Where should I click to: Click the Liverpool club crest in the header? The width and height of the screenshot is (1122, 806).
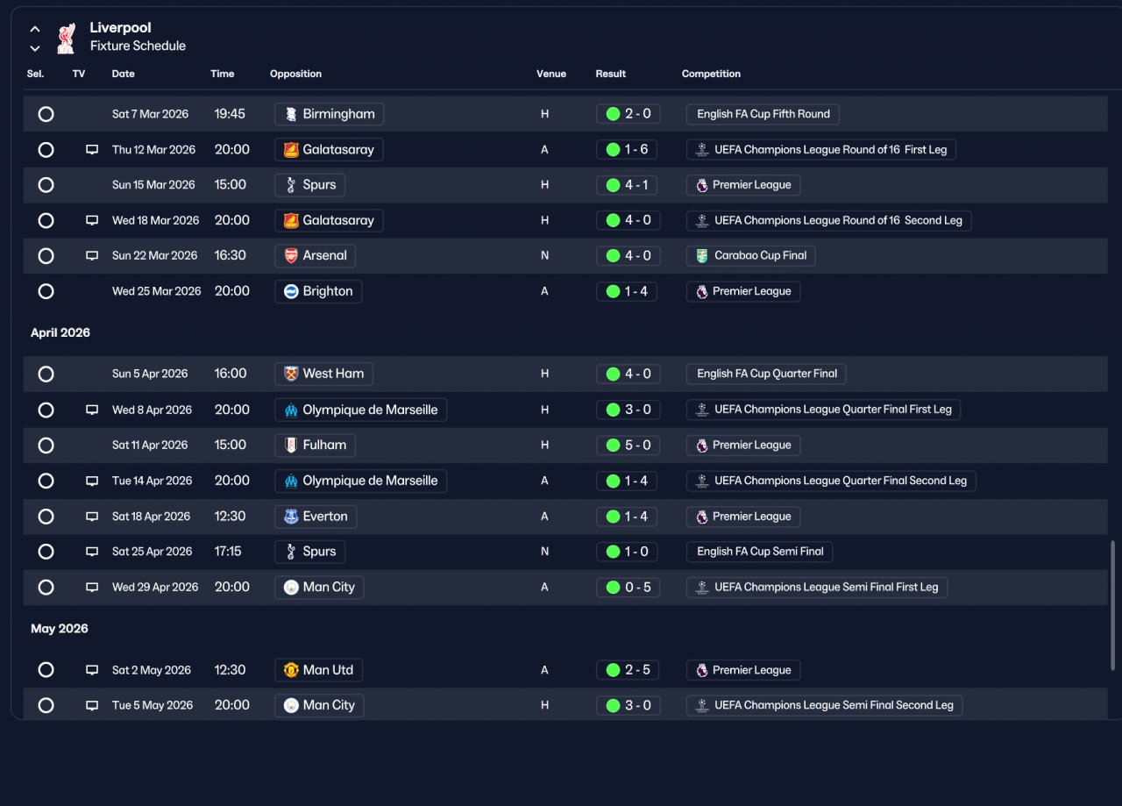point(66,38)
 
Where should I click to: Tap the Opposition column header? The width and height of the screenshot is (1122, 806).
point(295,74)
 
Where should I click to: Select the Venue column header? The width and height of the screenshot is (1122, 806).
point(551,74)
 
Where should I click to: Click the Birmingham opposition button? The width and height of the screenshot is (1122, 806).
point(329,114)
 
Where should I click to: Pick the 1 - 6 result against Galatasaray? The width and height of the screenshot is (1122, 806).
point(627,149)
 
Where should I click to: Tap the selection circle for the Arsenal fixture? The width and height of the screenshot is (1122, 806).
point(46,255)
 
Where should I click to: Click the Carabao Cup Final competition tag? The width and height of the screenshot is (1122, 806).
point(750,255)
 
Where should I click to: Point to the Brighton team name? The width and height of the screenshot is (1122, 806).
point(328,291)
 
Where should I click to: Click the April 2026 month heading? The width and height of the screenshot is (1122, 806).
point(60,332)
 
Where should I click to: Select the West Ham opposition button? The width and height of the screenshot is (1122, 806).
point(323,374)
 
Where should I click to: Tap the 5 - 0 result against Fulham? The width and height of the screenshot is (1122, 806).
point(628,446)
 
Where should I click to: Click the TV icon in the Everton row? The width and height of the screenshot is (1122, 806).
point(92,517)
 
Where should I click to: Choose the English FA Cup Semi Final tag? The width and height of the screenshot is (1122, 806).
point(759,552)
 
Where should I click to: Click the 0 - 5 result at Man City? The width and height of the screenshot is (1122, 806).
point(628,587)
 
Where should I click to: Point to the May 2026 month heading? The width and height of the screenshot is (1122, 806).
point(59,629)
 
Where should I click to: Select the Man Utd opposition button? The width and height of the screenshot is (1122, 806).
point(318,670)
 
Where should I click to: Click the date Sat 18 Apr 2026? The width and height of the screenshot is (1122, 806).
point(151,517)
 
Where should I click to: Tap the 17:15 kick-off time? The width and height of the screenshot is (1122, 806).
point(227,552)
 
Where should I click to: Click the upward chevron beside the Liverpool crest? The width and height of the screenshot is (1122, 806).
point(35,29)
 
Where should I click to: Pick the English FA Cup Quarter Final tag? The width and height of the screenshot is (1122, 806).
point(766,374)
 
